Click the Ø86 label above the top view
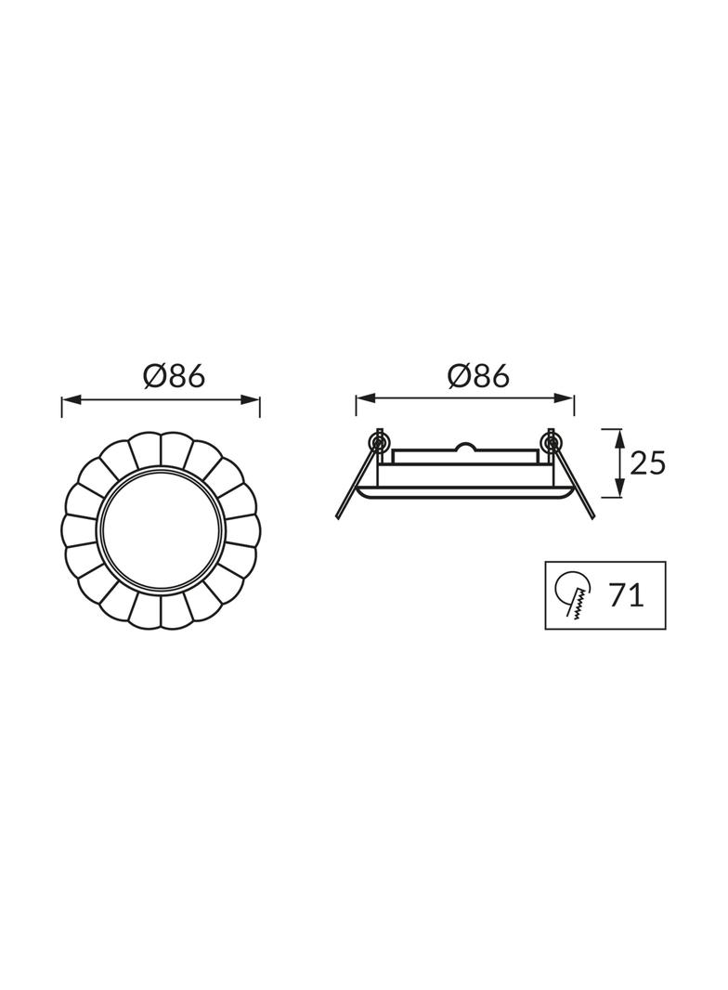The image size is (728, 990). (x=174, y=375)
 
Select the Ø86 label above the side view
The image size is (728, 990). (x=478, y=375)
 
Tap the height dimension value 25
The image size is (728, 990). (x=647, y=462)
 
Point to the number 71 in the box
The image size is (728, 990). (x=627, y=595)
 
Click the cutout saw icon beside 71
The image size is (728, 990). (x=573, y=595)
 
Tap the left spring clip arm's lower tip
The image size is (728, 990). (x=339, y=516)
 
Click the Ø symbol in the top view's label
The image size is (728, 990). (x=155, y=375)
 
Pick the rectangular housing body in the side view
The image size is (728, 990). (x=464, y=470)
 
